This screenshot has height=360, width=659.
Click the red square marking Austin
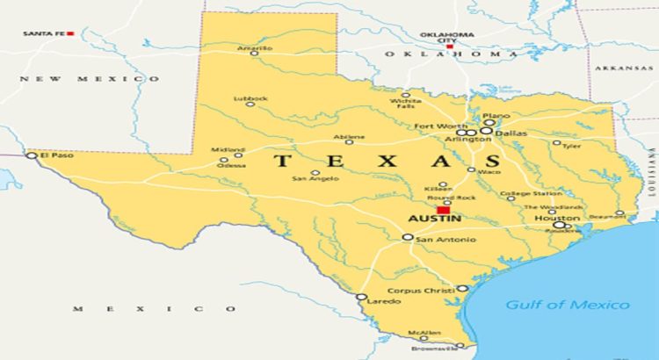(444, 210)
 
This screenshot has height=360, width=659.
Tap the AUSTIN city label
(430, 220)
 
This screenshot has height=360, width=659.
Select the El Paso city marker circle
(32, 155)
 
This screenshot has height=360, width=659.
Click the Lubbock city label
(250, 98)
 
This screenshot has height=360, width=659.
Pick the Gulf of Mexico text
(567, 305)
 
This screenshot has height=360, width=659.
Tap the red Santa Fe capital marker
(70, 33)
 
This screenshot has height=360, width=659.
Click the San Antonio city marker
(408, 237)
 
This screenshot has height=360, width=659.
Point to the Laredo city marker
(361, 297)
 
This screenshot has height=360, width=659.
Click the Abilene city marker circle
(349, 141)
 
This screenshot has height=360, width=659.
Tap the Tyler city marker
(557, 142)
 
